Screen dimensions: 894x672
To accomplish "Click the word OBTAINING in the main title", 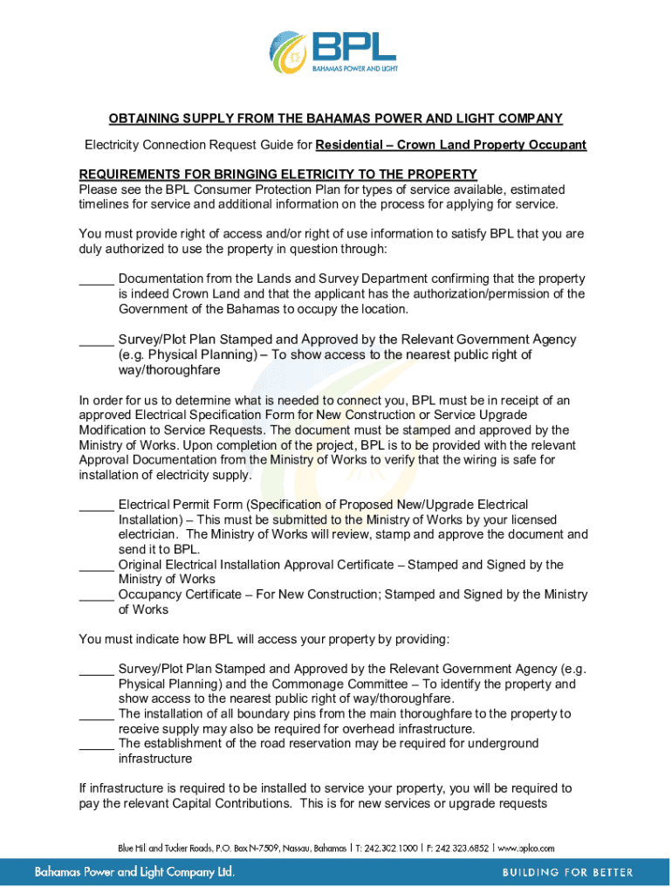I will (147, 119).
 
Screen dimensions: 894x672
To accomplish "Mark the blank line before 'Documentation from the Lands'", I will (96, 279).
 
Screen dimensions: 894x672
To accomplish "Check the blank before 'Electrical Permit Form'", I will (96, 505).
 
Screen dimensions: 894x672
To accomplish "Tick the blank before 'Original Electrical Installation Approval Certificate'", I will (96, 565).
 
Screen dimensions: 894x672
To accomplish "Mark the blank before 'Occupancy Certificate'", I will (96, 595).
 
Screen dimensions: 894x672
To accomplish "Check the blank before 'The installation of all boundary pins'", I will (96, 714).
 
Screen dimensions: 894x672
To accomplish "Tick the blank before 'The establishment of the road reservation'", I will (96, 744).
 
